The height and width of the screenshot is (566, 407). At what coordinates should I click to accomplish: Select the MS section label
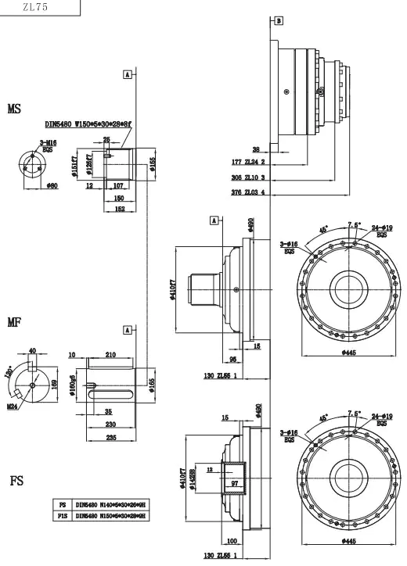coord(14,109)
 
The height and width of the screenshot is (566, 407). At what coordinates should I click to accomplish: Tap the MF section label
coord(14,321)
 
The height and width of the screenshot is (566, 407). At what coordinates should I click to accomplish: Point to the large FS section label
coord(16,480)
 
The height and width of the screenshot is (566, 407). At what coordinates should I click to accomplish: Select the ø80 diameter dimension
coord(52,187)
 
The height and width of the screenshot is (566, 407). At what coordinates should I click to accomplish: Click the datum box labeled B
coord(279,20)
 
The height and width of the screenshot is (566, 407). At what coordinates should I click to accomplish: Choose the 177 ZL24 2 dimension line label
coord(250,163)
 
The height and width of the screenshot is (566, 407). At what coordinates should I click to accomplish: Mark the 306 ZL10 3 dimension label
coord(250,177)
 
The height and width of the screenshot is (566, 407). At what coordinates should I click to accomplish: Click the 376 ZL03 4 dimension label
coord(250,192)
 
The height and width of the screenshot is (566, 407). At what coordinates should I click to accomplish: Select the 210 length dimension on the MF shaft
coord(110,354)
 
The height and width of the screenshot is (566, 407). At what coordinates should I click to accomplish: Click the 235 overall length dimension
coord(110,439)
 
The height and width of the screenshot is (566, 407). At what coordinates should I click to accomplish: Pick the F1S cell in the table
coord(63,516)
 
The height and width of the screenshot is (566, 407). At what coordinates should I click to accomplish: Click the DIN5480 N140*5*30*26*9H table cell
coord(111,505)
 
